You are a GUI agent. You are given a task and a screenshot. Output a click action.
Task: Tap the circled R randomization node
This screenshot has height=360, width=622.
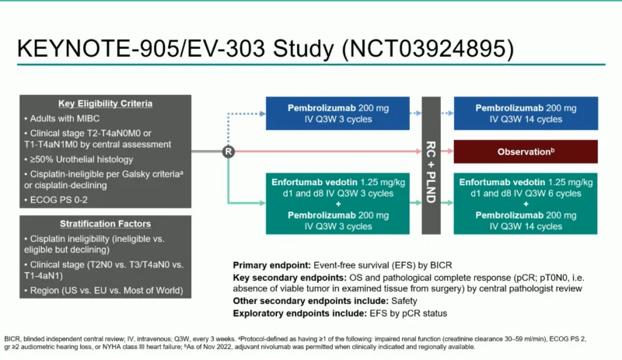point(228,151)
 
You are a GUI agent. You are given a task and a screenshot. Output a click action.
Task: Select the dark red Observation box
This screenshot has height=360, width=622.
point(525,151)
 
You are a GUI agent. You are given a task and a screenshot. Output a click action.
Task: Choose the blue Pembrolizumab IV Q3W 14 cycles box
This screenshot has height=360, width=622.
point(525,113)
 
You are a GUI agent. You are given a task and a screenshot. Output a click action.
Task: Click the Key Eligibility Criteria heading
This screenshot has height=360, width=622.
point(105,103)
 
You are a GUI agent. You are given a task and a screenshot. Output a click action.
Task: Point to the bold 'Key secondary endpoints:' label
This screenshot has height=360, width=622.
point(292,278)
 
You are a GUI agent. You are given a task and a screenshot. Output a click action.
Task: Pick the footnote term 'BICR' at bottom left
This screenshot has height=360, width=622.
point(13,340)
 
